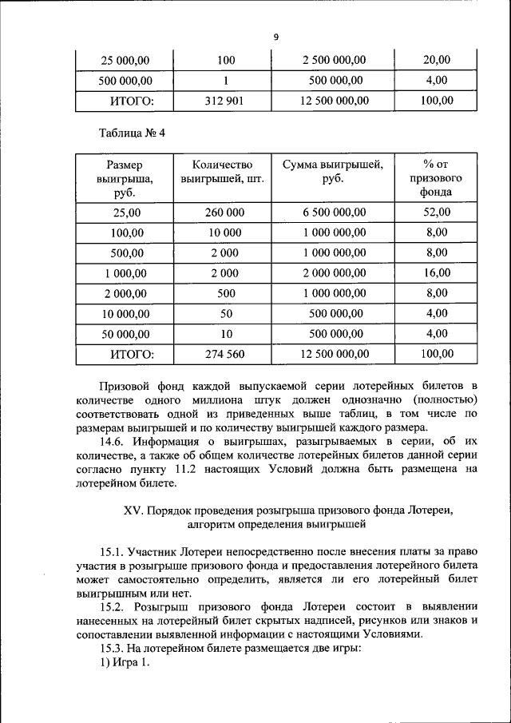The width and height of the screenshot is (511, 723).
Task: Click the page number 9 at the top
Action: tap(275, 37)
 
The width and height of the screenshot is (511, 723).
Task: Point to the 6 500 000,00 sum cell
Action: tap(334, 213)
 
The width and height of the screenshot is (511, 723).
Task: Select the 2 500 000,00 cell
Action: tap(334, 60)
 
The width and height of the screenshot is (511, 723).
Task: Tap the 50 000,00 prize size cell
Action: tap(124, 333)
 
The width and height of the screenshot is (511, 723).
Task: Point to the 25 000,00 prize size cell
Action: tap(124, 60)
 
